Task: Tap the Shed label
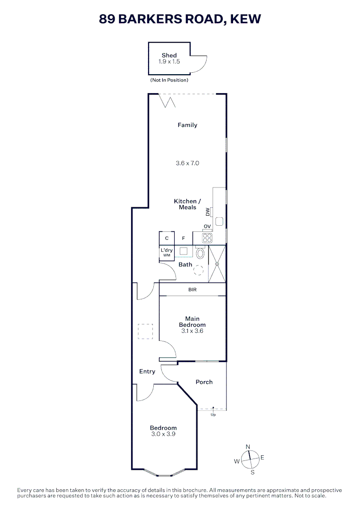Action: pyautogui.click(x=169, y=55)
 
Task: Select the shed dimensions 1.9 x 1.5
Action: pyautogui.click(x=169, y=61)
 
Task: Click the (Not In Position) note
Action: pyautogui.click(x=169, y=80)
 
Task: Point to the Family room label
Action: pyautogui.click(x=187, y=125)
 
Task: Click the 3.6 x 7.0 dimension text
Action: pyautogui.click(x=187, y=163)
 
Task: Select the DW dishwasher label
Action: pyautogui.click(x=207, y=212)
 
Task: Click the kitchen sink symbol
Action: pyautogui.click(x=219, y=221)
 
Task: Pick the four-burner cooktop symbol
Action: pyautogui.click(x=207, y=237)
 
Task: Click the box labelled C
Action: pyautogui.click(x=167, y=238)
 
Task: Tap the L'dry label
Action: pyautogui.click(x=167, y=250)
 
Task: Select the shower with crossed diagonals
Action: pyautogui.click(x=217, y=263)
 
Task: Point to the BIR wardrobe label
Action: pyautogui.click(x=192, y=289)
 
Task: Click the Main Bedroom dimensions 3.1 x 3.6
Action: pyautogui.click(x=192, y=331)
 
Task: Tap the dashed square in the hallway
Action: pyautogui.click(x=145, y=331)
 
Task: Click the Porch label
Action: pyautogui.click(x=204, y=382)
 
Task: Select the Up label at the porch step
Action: pyautogui.click(x=213, y=415)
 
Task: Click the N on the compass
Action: pyautogui.click(x=248, y=447)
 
